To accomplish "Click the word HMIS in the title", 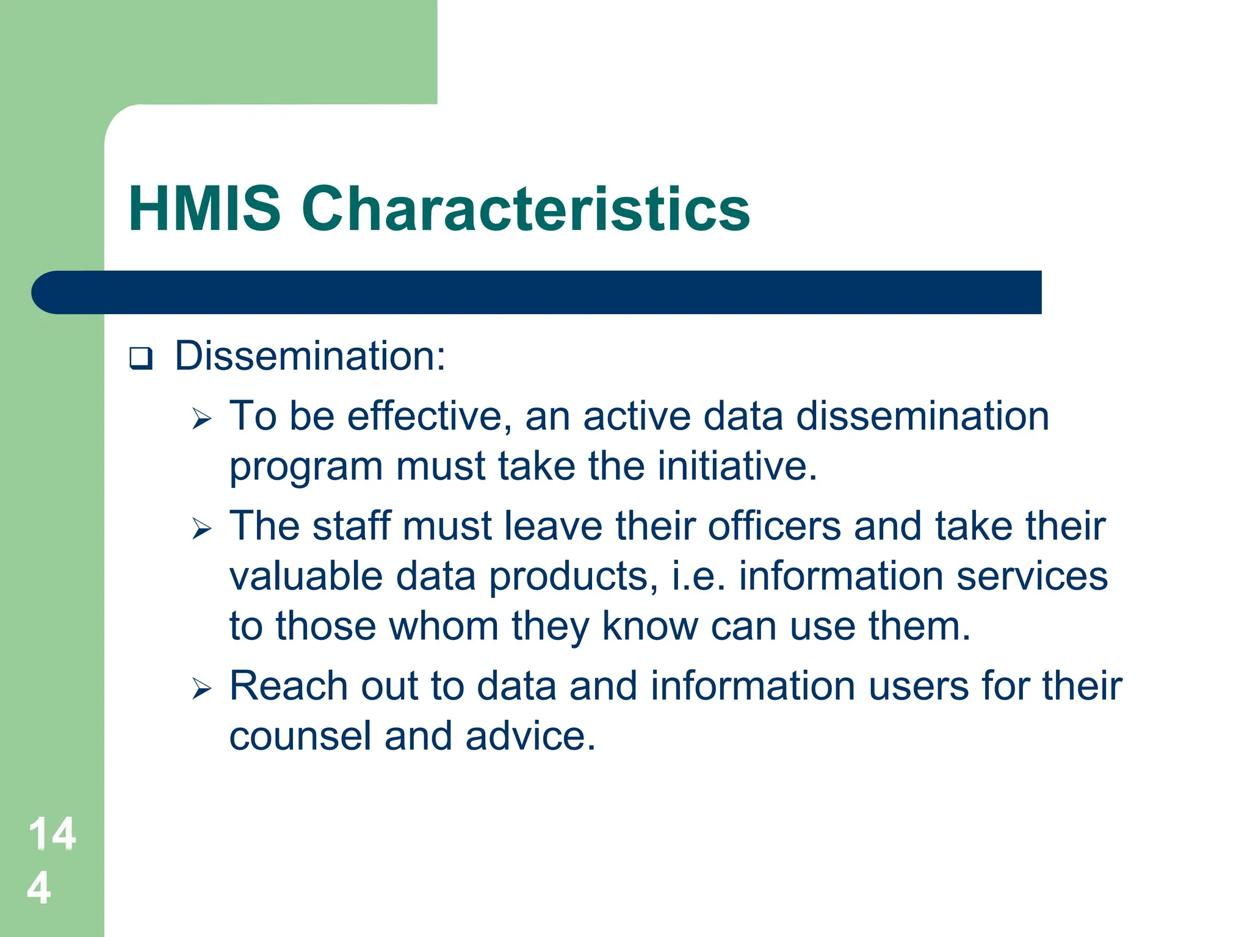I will click(204, 209).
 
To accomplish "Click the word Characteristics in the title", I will click(526, 209).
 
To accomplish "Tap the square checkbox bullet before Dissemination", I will click(140, 358).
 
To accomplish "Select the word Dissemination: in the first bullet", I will click(310, 356).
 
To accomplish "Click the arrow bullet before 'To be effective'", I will click(201, 419).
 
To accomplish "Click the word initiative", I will click(737, 467).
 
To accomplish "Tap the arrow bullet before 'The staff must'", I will click(201, 528).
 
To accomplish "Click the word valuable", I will click(306, 576).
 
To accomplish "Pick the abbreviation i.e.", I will click(698, 576).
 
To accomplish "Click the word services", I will click(1031, 576).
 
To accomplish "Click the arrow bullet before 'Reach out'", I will click(201, 689).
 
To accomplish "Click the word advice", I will click(530, 736).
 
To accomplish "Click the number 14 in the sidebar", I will click(52, 833).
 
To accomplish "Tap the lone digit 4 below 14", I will click(39, 888).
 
